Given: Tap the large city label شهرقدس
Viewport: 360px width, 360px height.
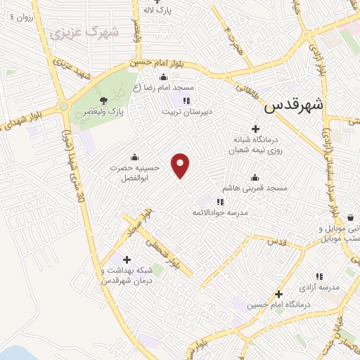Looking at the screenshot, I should [295, 107].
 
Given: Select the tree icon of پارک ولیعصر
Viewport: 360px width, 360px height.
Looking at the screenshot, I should [103, 101].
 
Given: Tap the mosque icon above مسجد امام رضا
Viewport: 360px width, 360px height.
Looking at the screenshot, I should [164, 77].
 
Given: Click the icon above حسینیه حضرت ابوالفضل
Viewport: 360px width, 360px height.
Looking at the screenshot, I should [134, 157].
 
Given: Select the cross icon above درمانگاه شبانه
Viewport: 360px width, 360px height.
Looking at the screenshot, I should [255, 129].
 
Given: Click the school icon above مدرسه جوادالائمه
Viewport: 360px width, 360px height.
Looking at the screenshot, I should [220, 202].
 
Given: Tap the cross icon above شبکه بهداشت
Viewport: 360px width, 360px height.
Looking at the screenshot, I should [127, 259].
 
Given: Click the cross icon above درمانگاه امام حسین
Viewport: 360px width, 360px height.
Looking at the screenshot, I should [279, 293].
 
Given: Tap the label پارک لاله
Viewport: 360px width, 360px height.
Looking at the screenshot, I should [156, 11].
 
